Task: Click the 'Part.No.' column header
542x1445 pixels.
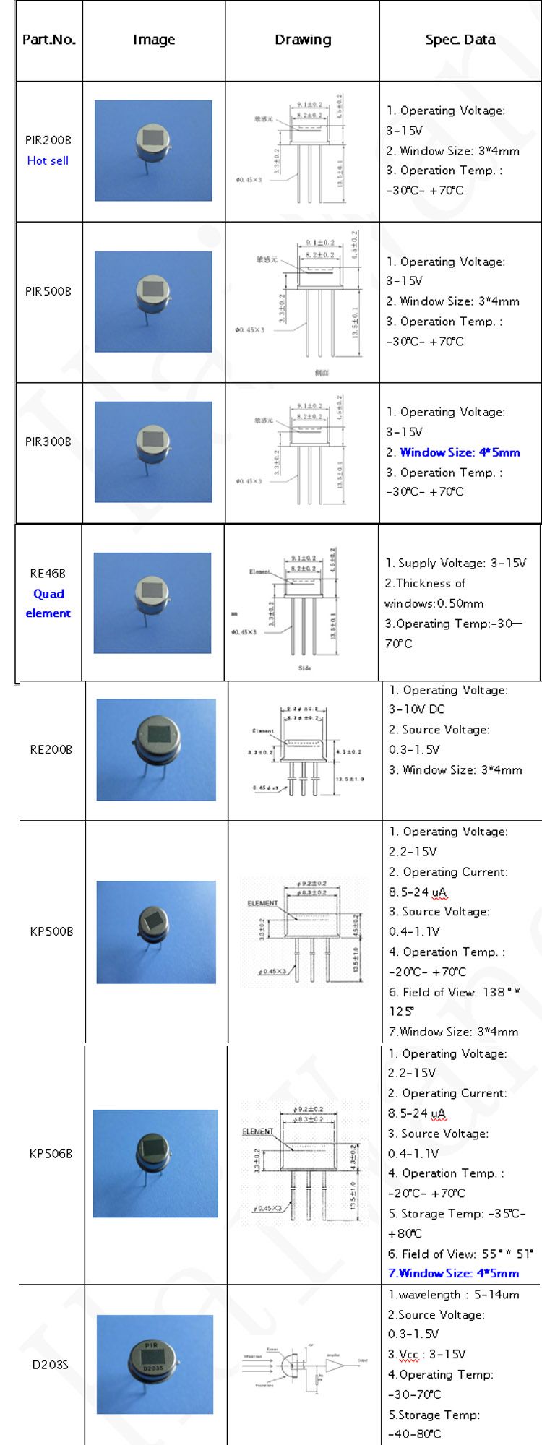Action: point(48,40)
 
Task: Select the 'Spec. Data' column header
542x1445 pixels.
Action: point(460,40)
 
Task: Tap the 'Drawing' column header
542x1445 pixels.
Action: point(303,40)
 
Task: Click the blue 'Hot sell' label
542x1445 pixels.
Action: point(48,160)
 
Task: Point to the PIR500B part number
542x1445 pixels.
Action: point(48,291)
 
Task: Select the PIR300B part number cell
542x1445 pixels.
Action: point(48,441)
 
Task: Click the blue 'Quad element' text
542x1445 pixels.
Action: point(48,603)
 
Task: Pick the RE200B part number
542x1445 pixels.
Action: point(51,749)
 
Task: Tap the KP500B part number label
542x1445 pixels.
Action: point(51,931)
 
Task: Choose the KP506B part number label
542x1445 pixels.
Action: point(51,1154)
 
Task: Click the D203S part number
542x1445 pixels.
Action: point(50,1365)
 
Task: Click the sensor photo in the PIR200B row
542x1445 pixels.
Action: point(153,150)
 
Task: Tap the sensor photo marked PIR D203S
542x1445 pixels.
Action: point(155,1364)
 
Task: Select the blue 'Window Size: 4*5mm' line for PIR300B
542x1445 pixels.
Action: point(460,452)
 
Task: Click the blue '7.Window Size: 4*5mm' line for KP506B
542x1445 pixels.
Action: point(453,1274)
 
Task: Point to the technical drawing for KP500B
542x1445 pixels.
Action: point(304,931)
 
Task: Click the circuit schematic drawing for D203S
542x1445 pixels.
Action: point(304,1364)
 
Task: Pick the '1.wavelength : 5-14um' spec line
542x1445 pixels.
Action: point(453,1295)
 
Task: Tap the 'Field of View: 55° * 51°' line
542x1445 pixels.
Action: point(460,1254)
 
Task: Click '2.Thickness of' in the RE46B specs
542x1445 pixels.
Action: point(425,583)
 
